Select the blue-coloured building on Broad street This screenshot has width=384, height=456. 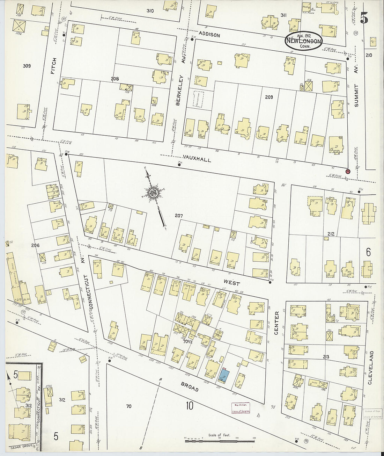click(224, 376)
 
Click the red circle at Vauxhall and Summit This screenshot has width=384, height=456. click(348, 171)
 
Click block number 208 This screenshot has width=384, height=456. click(115, 79)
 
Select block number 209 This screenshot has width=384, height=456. click(268, 97)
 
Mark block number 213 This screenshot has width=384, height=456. click(326, 357)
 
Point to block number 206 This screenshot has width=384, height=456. click(35, 245)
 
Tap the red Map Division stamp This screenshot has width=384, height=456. click(241, 408)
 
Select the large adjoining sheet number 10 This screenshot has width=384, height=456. click(190, 406)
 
